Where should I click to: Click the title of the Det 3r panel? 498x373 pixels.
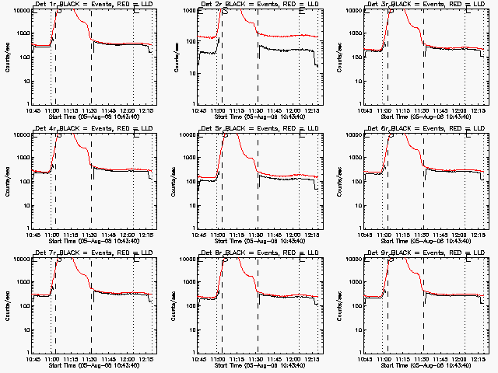click(428, 5)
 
